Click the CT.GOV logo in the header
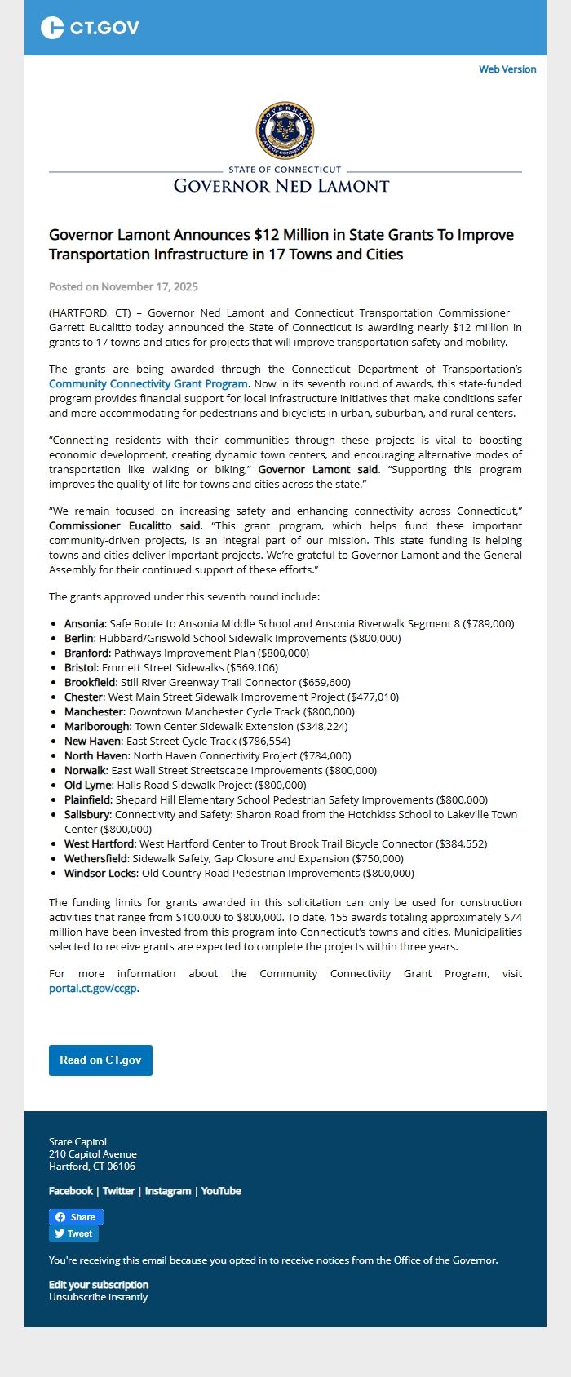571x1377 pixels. (90, 28)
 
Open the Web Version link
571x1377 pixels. (507, 69)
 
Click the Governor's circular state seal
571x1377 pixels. (285, 131)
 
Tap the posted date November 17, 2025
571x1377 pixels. (123, 286)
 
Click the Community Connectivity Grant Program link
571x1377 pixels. (148, 383)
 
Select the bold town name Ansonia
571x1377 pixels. (85, 623)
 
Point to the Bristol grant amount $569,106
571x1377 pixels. (252, 667)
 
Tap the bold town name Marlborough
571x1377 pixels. (97, 726)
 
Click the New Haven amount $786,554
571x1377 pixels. (263, 741)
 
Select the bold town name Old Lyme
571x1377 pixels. (88, 785)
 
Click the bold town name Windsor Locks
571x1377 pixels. (101, 873)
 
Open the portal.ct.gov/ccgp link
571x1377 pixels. (93, 988)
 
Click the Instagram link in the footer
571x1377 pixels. (168, 1191)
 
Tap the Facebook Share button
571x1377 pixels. (76, 1217)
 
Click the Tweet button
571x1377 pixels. (73, 1233)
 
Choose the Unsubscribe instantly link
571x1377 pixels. (98, 1297)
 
